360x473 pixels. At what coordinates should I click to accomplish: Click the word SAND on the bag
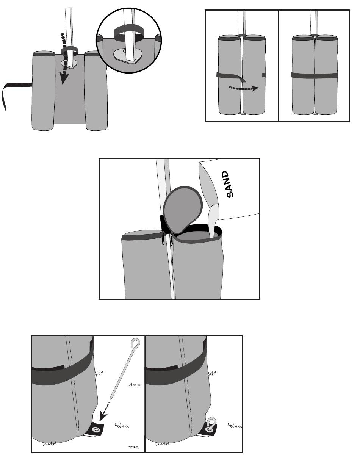point(229,184)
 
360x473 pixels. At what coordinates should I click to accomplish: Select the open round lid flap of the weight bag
point(183,208)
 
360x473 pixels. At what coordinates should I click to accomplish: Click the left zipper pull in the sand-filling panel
point(164,239)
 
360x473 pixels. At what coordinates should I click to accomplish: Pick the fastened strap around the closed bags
point(314,75)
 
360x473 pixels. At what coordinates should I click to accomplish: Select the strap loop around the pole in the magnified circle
point(127,34)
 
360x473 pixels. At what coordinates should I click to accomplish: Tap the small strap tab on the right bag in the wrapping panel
point(264,75)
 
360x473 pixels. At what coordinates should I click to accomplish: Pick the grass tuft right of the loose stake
point(135,385)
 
